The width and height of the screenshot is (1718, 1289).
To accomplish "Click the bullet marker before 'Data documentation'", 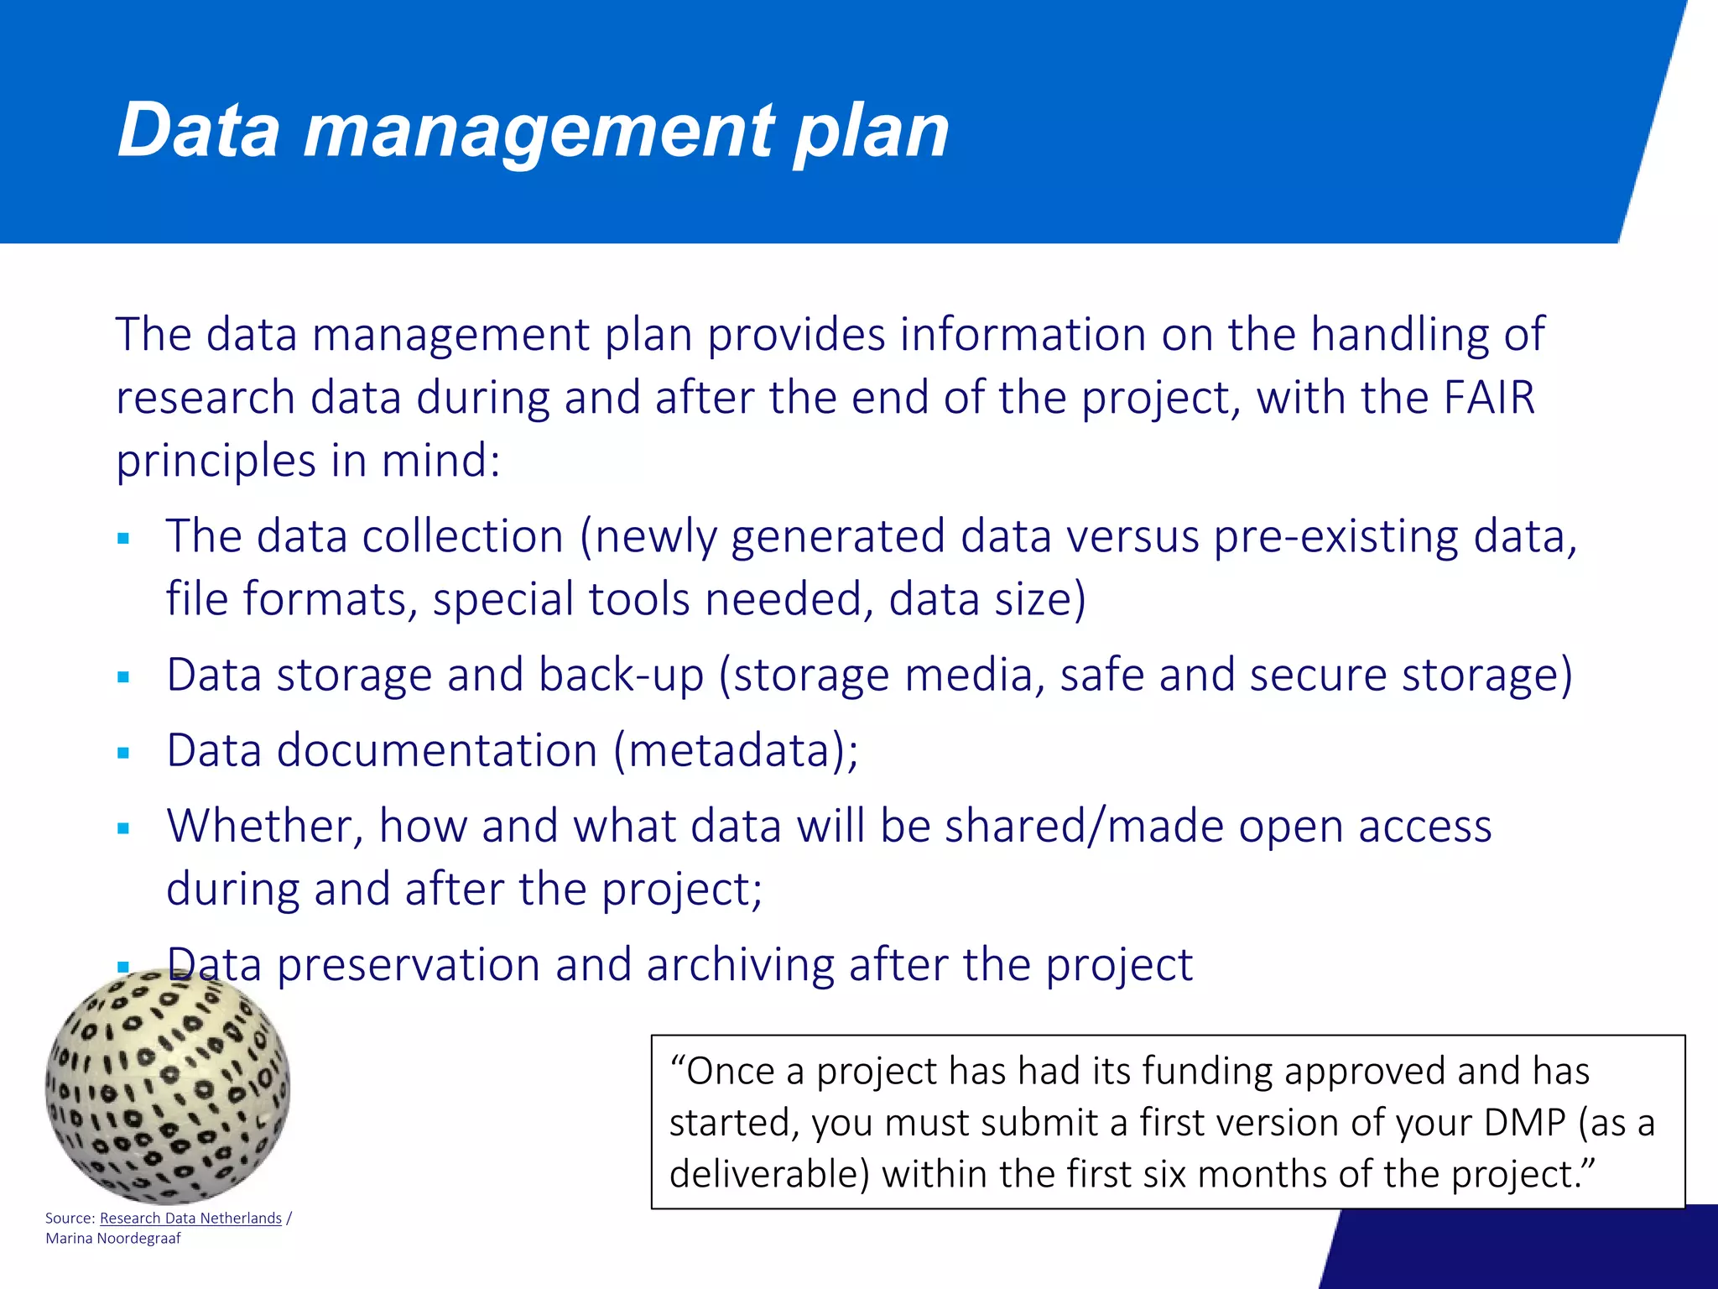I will (x=123, y=753).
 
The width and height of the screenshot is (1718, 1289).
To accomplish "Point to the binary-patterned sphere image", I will (x=168, y=1087).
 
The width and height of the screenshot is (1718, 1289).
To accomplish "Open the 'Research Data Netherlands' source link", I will (x=190, y=1218).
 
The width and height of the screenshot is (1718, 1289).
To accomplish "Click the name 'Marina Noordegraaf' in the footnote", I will (x=113, y=1239).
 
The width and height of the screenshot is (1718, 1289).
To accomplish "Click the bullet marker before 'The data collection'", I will (x=123, y=539).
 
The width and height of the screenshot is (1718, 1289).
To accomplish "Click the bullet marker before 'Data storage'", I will (x=123, y=677).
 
